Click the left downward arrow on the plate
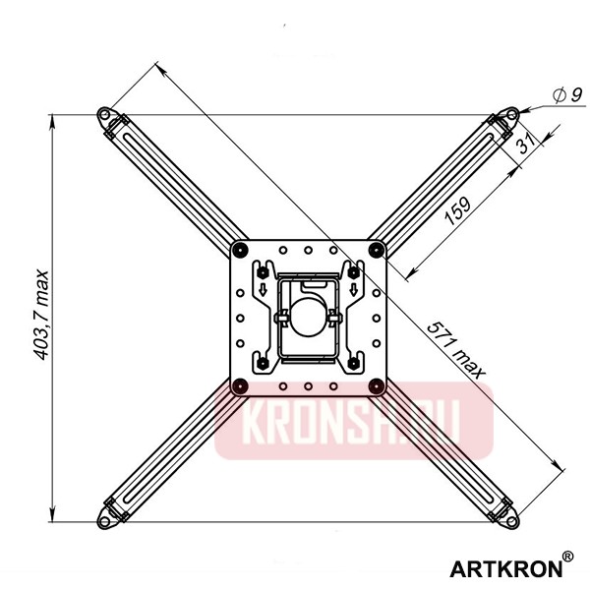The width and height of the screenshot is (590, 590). click(x=263, y=288)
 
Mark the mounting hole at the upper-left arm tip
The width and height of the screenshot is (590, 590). click(x=104, y=114)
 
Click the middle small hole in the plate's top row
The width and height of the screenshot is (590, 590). click(x=308, y=250)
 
